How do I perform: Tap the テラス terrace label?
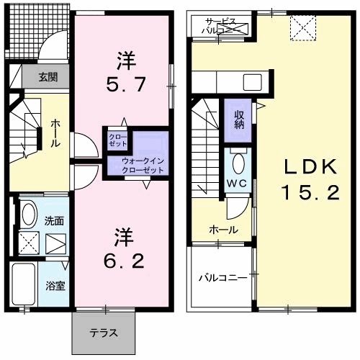[x=105, y=333]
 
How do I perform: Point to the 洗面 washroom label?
[x=54, y=220]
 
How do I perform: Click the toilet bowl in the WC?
[x=237, y=160]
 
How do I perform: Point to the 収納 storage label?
[x=238, y=119]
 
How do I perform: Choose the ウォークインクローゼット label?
[x=142, y=165]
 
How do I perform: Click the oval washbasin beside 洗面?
[x=29, y=214]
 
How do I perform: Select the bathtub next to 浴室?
[x=27, y=284]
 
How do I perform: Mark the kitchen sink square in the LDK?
[x=251, y=80]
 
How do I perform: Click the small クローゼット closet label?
[x=116, y=140]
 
